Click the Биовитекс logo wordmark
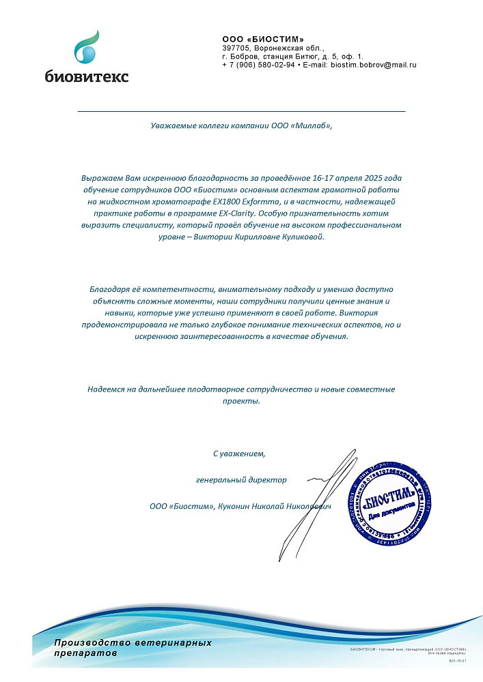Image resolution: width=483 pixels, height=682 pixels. point(87,76)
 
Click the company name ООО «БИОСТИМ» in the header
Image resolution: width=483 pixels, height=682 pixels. point(263,40)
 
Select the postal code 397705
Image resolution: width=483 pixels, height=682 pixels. point(236,48)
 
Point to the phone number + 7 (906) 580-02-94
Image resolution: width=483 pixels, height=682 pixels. point(259,65)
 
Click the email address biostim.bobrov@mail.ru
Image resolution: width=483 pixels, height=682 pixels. point(374,65)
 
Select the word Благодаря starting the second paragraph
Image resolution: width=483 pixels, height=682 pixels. point(109,289)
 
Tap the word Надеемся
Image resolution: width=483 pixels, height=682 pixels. point(106,389)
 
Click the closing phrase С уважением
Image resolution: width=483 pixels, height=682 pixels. point(238,453)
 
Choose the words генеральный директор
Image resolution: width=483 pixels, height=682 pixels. point(241,479)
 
